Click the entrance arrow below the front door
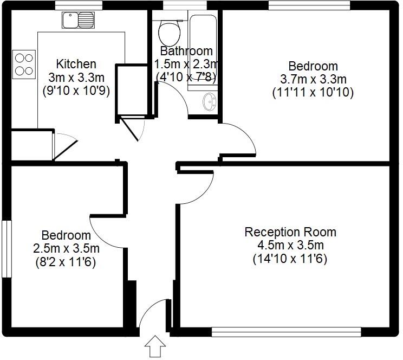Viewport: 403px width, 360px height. click(x=155, y=346)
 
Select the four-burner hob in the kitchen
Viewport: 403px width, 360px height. click(x=23, y=63)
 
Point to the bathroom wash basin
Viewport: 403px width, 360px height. click(x=210, y=101)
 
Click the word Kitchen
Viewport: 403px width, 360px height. click(x=76, y=64)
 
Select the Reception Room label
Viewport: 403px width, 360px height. click(x=290, y=232)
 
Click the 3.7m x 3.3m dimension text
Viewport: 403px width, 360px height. click(x=313, y=80)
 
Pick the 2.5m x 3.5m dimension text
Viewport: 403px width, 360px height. click(x=67, y=249)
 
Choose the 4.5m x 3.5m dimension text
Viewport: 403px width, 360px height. click(x=290, y=246)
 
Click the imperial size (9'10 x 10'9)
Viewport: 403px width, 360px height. click(x=76, y=91)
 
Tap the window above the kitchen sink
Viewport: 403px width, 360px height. click(x=76, y=5)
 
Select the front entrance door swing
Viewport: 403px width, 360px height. click(x=154, y=314)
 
